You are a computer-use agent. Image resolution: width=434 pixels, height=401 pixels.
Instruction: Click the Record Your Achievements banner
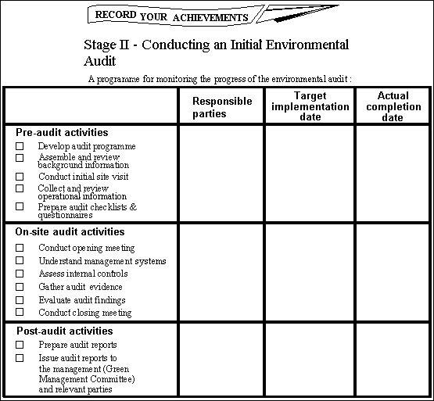(x=172, y=16)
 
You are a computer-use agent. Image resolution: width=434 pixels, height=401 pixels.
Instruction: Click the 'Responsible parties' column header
(x=222, y=107)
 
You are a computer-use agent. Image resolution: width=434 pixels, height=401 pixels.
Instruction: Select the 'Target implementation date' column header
(x=310, y=106)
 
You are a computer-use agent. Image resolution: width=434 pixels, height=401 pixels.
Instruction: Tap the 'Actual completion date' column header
(x=393, y=106)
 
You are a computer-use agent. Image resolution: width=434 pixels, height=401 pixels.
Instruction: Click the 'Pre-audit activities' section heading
(x=62, y=133)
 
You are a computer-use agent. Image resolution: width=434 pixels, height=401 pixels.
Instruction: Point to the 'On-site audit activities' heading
(x=70, y=232)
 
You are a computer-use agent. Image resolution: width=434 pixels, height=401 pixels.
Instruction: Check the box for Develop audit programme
(x=20, y=146)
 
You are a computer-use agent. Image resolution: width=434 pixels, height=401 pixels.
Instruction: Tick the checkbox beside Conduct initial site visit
(x=20, y=177)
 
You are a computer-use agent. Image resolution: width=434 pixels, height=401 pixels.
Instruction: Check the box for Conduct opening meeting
(x=20, y=248)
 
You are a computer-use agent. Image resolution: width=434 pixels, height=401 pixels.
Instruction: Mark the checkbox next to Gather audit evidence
(x=20, y=287)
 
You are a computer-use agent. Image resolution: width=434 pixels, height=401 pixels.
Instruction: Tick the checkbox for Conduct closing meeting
(x=20, y=313)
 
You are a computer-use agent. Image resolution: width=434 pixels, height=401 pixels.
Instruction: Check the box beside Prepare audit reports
(x=20, y=345)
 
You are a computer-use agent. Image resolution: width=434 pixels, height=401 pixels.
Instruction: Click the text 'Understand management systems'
(x=102, y=261)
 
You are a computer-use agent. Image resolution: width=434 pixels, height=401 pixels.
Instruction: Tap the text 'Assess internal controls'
(x=83, y=274)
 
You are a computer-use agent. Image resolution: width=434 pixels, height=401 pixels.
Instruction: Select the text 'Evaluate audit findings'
(x=81, y=300)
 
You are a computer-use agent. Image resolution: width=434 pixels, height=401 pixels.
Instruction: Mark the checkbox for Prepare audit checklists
(x=20, y=207)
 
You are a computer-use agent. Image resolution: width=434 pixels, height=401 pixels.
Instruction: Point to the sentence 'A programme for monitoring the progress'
(x=219, y=79)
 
